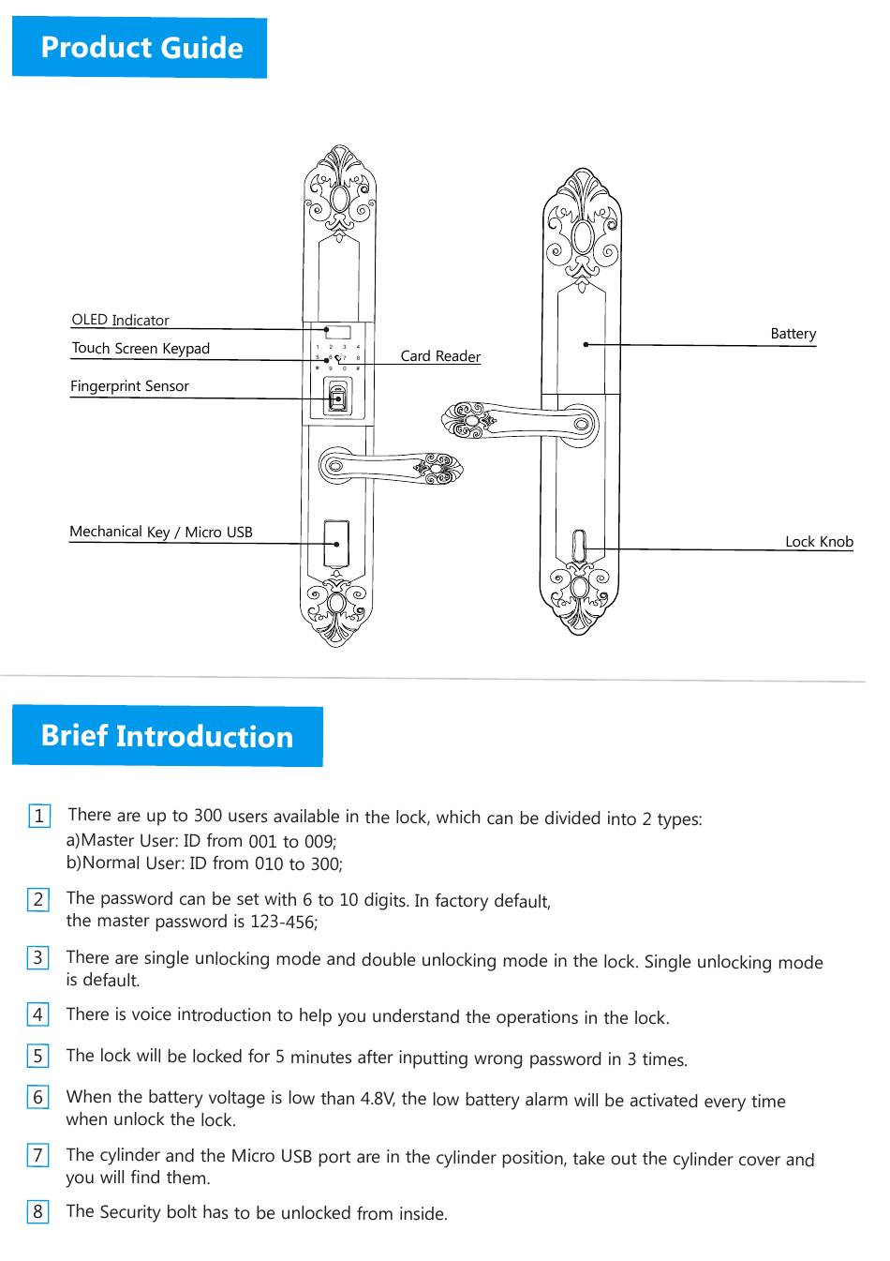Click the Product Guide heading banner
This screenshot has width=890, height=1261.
point(140,48)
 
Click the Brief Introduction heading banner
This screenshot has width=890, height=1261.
point(167,736)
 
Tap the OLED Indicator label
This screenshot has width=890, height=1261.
point(120,320)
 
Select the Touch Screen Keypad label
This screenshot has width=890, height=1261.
point(141,348)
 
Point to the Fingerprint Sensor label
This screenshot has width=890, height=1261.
point(129,385)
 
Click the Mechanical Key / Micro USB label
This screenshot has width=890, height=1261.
point(161,532)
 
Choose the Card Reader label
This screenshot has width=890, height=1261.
point(440,356)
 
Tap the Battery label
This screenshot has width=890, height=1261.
point(793,334)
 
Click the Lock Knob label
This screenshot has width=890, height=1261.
point(819,541)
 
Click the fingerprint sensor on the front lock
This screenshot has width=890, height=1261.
point(337,397)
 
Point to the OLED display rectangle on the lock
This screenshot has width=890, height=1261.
point(337,332)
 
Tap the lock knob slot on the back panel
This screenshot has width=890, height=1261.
point(579,547)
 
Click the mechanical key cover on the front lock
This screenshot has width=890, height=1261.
point(335,543)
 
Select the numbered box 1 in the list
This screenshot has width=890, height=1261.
point(39,816)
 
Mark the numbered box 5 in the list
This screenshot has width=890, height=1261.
point(38,1056)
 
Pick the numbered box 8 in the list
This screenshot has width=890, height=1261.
point(38,1211)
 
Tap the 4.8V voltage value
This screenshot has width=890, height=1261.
point(378,1098)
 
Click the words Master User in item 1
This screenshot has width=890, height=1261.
point(129,840)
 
